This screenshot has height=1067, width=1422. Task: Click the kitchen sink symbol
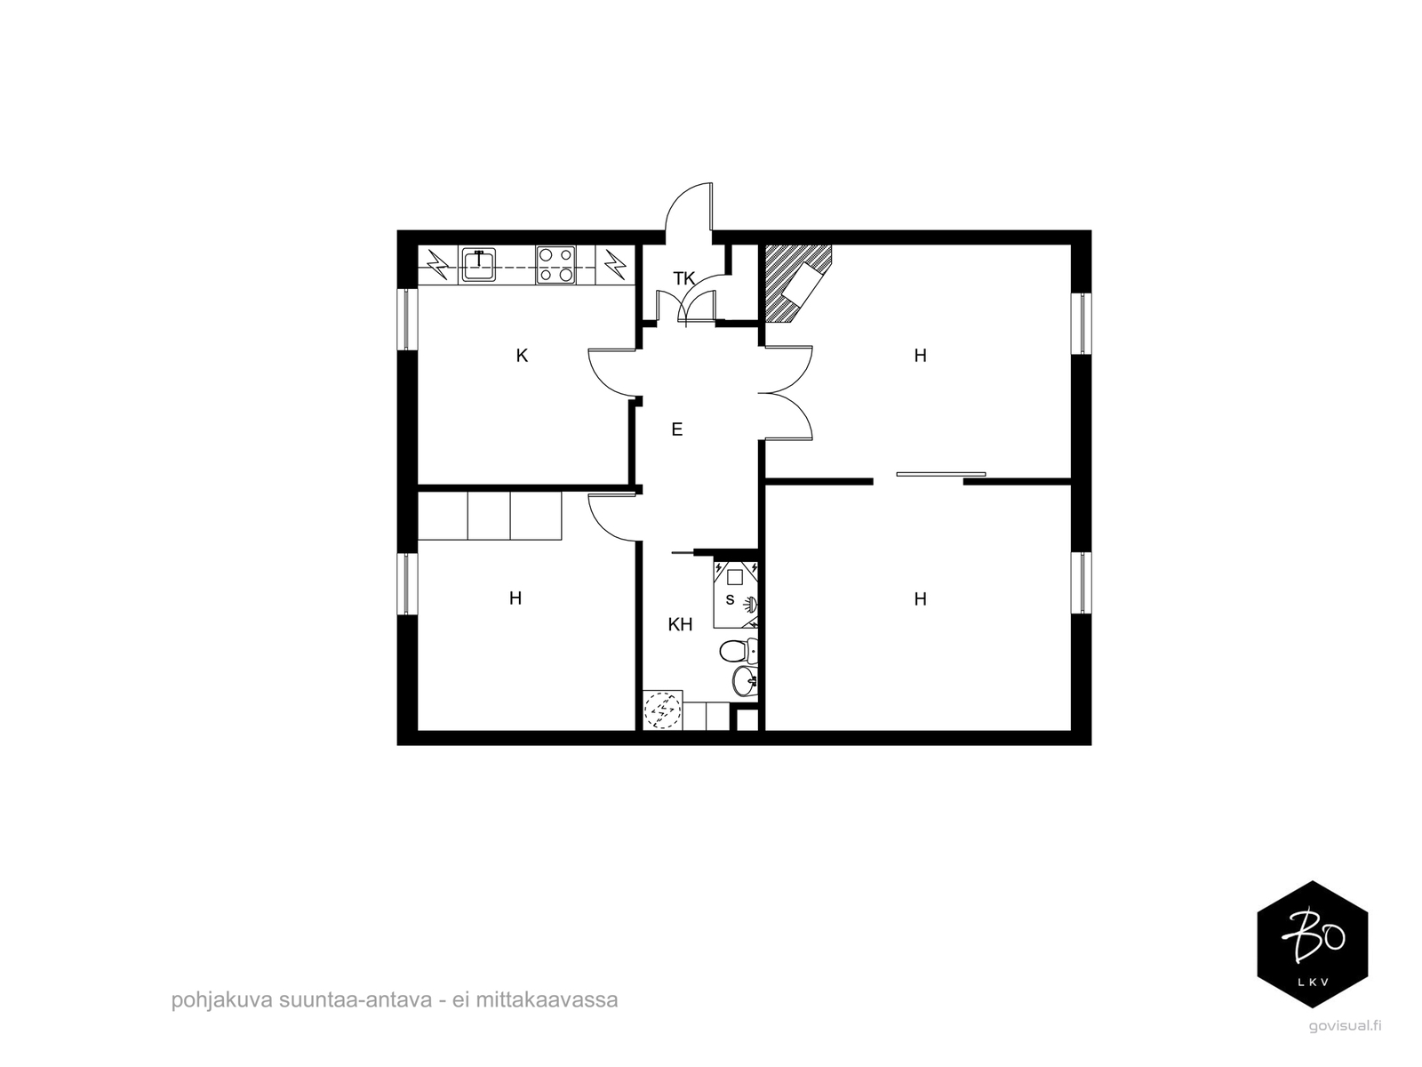click(x=478, y=264)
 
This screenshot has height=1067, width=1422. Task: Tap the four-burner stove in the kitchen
click(x=556, y=264)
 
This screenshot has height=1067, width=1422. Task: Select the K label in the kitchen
click(x=522, y=355)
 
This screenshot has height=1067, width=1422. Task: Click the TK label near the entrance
click(x=683, y=278)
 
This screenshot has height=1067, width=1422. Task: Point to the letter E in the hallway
click(x=677, y=429)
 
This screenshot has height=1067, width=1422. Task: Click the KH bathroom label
click(x=680, y=624)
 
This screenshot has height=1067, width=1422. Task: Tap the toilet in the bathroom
click(x=738, y=650)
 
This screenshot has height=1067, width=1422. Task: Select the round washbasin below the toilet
click(x=745, y=680)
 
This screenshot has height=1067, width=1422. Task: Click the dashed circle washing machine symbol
click(x=662, y=710)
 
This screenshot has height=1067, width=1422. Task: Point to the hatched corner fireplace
click(x=798, y=283)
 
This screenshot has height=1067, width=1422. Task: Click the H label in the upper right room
click(x=920, y=355)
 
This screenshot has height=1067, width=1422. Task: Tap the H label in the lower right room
click(x=920, y=599)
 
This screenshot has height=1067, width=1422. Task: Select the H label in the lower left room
click(x=515, y=598)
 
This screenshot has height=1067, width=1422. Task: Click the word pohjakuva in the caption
click(x=221, y=999)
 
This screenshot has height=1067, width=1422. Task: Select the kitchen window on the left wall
click(x=407, y=319)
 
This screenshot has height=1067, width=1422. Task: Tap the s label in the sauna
click(x=731, y=600)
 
